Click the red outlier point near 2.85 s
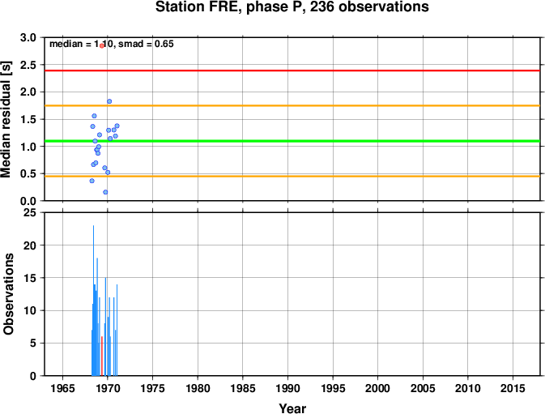(102, 45)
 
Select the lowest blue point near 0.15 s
(105, 192)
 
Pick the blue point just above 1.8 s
(109, 101)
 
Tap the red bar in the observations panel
(101, 356)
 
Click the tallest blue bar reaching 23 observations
(93, 301)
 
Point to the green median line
(292, 141)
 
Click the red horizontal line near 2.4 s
(292, 70)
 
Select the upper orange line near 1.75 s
(292, 105)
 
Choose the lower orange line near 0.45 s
(292, 177)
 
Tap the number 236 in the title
(321, 7)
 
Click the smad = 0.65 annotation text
(146, 44)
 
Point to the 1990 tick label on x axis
(287, 388)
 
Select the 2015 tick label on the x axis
(513, 388)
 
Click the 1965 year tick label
(62, 388)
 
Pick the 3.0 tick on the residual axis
(28, 37)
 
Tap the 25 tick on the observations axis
(30, 212)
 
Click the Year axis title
(292, 408)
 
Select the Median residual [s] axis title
(6, 119)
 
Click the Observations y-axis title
(8, 294)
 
